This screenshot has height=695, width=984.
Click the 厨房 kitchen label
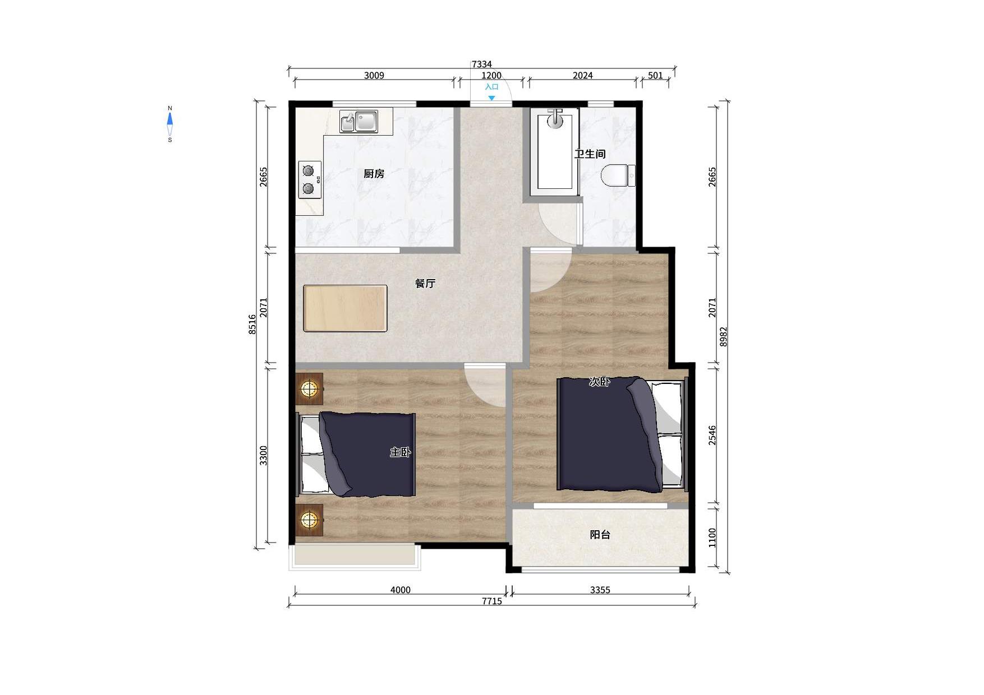click(x=374, y=174)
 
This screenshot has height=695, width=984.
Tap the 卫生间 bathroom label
click(x=590, y=154)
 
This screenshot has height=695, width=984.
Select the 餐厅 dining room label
click(x=425, y=283)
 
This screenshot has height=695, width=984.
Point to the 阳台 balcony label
click(x=600, y=535)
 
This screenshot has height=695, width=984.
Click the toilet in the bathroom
click(x=618, y=175)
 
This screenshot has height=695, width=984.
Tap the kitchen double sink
click(x=358, y=121)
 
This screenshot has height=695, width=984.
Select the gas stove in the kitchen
click(x=310, y=180)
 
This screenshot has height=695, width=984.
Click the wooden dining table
click(x=345, y=308)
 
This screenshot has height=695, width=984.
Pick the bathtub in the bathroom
click(x=554, y=151)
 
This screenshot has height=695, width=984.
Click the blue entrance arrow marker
click(x=491, y=98)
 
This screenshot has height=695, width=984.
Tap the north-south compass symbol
click(x=170, y=124)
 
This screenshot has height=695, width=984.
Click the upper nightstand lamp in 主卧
click(x=309, y=388)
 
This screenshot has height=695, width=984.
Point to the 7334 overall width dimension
click(x=481, y=64)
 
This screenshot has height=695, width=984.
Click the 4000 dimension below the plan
click(x=400, y=590)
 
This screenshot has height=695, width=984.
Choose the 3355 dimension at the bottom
click(x=600, y=590)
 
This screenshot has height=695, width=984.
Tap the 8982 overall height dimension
click(x=724, y=337)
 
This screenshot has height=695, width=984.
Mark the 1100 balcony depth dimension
click(x=712, y=538)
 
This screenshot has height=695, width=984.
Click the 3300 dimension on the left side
click(x=264, y=455)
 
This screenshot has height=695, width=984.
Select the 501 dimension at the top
click(x=655, y=75)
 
